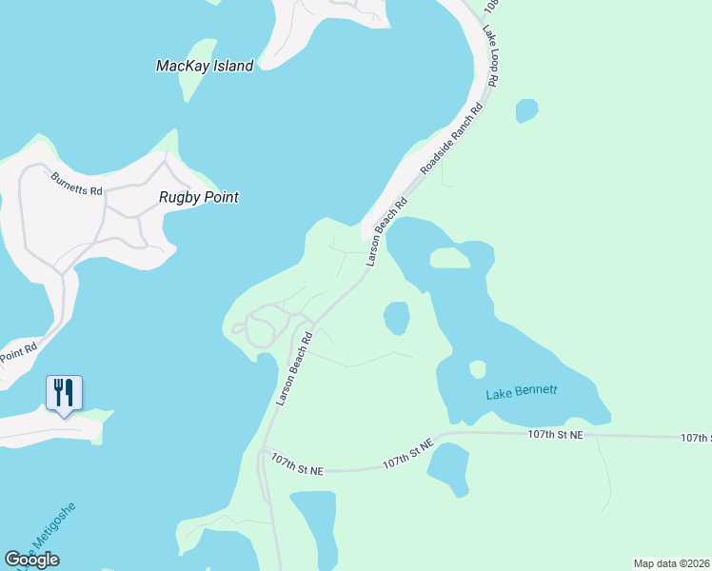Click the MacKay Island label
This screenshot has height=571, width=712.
[205, 66]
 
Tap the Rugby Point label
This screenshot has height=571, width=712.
[198, 197]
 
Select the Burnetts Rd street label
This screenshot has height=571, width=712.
[77, 183]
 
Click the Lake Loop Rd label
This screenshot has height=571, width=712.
[491, 56]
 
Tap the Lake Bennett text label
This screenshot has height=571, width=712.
[521, 392]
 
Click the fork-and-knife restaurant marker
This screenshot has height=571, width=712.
[64, 392]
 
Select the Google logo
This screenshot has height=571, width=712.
[32, 560]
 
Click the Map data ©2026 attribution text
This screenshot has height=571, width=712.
[671, 563]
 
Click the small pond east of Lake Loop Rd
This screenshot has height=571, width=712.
[526, 111]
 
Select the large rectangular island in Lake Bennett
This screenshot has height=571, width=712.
[449, 258]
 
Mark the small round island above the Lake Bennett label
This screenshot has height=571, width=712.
[478, 368]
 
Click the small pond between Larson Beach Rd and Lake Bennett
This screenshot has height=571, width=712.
[396, 317]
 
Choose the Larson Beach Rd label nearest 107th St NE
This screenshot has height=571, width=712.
[295, 369]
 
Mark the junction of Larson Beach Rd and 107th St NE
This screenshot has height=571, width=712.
[264, 450]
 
